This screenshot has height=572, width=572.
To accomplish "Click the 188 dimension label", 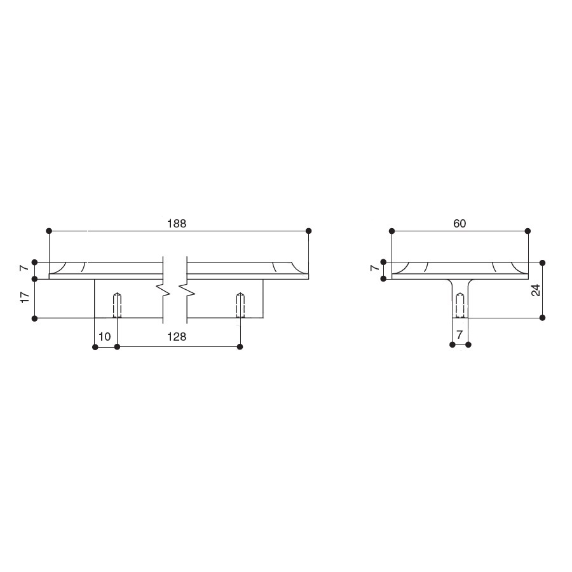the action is click(x=177, y=223).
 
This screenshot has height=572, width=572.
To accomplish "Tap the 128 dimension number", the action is click(x=177, y=337).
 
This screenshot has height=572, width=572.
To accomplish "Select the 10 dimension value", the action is click(x=105, y=337).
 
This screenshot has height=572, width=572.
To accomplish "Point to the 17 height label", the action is click(x=25, y=297).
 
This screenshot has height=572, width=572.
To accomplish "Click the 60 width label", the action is click(x=460, y=223).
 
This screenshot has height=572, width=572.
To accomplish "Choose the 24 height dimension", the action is click(x=536, y=290).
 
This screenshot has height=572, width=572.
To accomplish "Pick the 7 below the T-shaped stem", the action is click(x=460, y=334).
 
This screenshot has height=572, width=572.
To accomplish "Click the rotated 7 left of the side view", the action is click(x=374, y=268).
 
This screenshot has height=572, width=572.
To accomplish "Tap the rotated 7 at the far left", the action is click(x=25, y=268).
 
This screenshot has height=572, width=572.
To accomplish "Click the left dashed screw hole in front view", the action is click(x=117, y=305).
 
